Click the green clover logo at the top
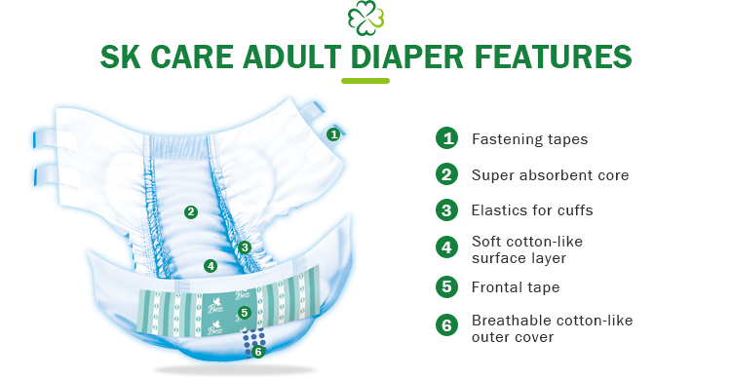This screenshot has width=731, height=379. (365, 17)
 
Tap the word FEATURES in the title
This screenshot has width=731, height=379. (552, 55)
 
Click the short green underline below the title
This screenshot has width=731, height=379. (365, 80)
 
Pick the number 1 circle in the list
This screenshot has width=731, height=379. (446, 138)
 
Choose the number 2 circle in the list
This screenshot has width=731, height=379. (446, 175)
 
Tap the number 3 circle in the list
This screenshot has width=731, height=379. (446, 209)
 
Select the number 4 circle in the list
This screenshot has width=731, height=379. (446, 248)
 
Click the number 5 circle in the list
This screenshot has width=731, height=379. (446, 286)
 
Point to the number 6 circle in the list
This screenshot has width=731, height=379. (446, 326)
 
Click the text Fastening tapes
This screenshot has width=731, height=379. (529, 139)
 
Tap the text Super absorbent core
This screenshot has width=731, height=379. (550, 175)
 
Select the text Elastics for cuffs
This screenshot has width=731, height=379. (531, 209)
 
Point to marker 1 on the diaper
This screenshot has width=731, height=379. (332, 134)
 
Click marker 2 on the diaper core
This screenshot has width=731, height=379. (191, 211)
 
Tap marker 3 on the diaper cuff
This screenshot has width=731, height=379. (245, 246)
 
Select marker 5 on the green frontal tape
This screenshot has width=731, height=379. (245, 313)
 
